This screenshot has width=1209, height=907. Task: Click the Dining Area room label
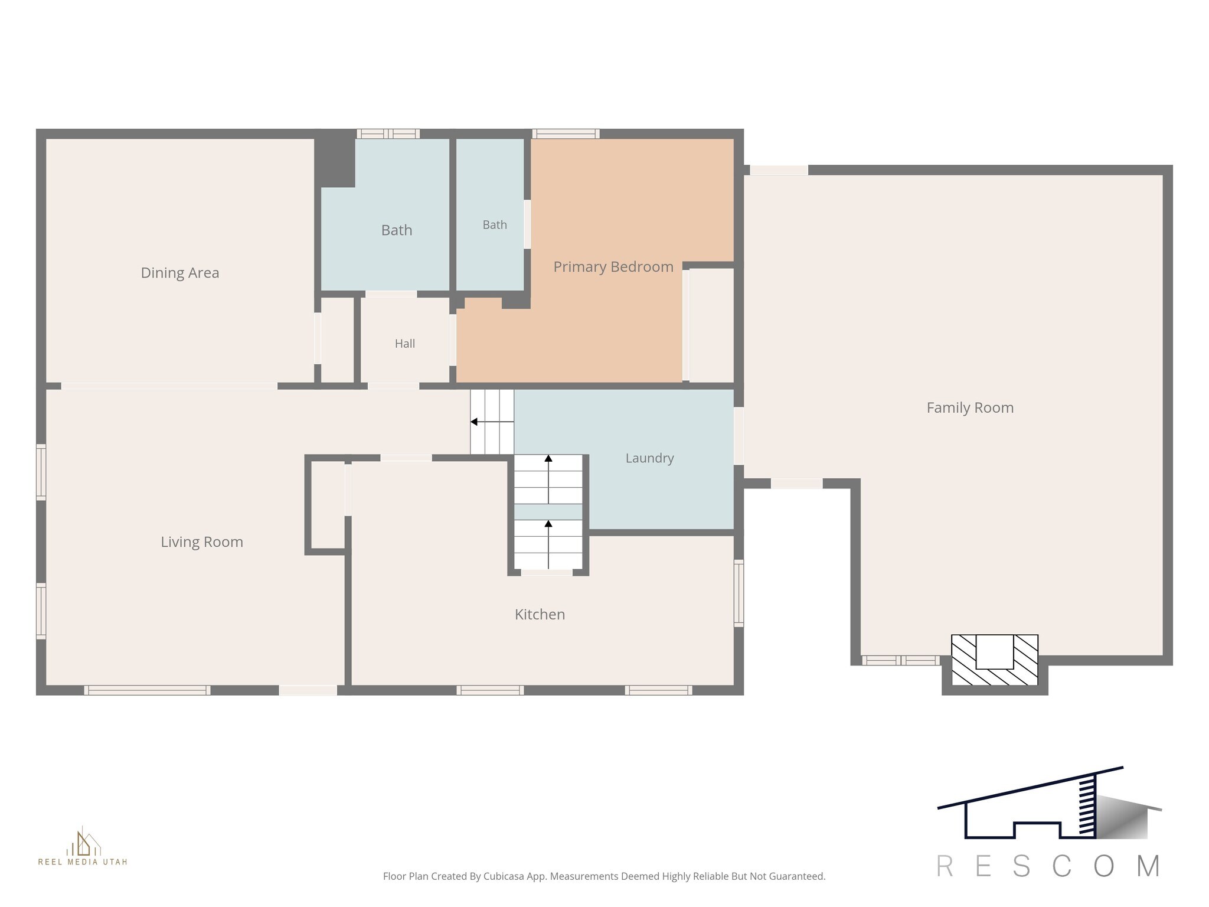(x=180, y=273)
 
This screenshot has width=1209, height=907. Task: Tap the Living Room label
(x=202, y=542)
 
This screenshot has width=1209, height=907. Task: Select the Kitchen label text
(x=540, y=615)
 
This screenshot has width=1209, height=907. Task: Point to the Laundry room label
(x=649, y=458)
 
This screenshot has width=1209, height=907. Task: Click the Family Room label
(x=970, y=407)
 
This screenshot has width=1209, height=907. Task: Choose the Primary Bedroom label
(x=613, y=267)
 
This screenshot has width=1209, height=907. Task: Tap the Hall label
(x=405, y=344)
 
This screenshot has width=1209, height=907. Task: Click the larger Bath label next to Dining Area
(x=397, y=230)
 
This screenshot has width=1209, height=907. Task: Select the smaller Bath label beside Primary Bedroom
(x=495, y=225)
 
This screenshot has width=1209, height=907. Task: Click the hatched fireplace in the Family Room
(x=995, y=660)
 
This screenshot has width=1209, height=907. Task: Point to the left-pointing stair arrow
(x=492, y=422)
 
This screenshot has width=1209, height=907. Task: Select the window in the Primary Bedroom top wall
(x=566, y=133)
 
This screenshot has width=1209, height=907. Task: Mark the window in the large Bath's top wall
(x=388, y=133)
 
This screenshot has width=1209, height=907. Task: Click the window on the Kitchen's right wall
(x=739, y=593)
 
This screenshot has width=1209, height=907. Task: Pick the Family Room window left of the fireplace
(x=900, y=660)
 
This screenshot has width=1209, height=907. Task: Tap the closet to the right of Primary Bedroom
(x=711, y=325)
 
